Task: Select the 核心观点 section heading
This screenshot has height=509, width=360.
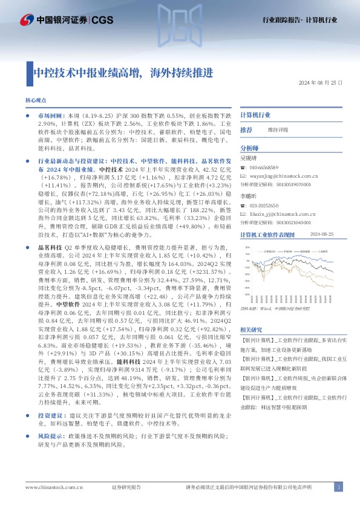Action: (x=35, y=100)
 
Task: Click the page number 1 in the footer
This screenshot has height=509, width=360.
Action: (x=339, y=487)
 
